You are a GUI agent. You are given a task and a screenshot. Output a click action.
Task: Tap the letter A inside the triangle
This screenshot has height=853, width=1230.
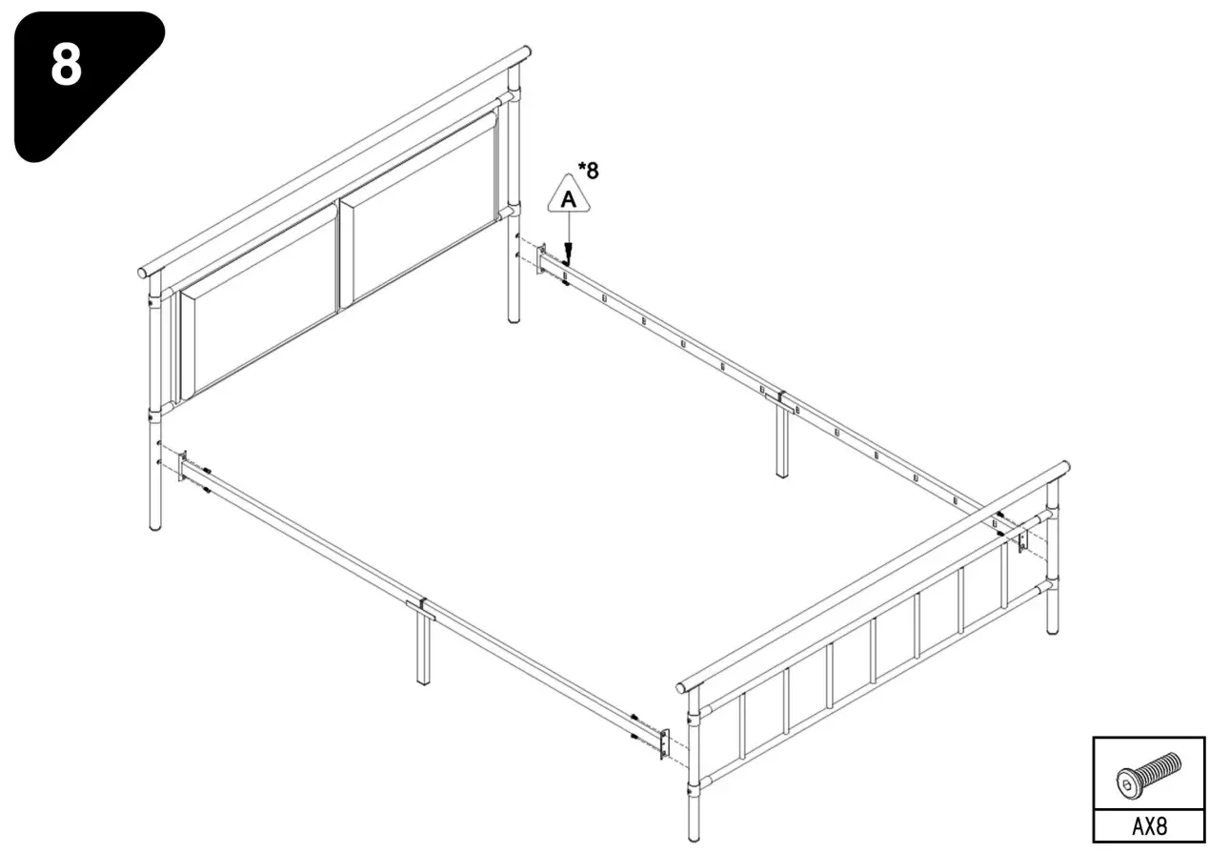[569, 199]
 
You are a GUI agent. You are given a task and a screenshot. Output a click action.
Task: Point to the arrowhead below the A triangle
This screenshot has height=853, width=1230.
[568, 254]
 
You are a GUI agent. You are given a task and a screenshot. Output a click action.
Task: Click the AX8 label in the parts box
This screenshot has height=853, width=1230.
[1148, 824]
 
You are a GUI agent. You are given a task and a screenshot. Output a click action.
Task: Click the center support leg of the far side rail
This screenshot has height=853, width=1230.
[782, 443]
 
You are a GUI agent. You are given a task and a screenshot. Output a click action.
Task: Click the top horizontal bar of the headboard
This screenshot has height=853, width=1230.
[333, 159]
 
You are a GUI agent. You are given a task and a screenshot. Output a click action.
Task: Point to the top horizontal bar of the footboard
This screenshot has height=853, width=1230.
[872, 576]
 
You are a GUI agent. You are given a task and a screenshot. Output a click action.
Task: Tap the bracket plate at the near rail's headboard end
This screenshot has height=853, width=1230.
[183, 466]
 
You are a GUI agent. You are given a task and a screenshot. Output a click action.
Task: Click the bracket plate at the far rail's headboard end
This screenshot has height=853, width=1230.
[541, 259]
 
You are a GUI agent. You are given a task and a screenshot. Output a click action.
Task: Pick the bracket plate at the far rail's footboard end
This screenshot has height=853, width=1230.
[1021, 539]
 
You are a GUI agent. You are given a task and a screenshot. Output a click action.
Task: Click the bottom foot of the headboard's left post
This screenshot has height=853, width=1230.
[155, 523]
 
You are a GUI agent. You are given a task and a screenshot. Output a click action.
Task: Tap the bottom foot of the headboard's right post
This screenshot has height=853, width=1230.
[514, 318]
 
